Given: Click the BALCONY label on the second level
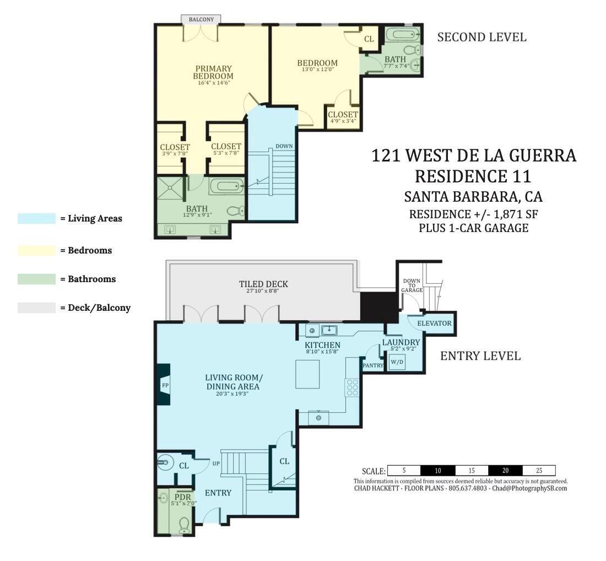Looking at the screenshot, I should [x=201, y=19].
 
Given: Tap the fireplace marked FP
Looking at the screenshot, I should [x=164, y=385].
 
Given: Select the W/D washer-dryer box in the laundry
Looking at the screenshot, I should [x=397, y=362].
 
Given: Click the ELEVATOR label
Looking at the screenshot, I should [x=434, y=323].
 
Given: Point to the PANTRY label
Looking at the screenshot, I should [x=373, y=365].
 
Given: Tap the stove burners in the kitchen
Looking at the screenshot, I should [x=352, y=387].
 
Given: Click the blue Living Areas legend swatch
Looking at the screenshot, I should [x=36, y=218].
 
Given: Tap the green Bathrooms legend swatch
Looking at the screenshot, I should [x=36, y=279].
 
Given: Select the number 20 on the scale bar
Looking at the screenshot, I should [x=505, y=471].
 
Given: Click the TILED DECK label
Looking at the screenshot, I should [x=263, y=284].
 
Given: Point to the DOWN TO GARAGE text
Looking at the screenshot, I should [x=412, y=285].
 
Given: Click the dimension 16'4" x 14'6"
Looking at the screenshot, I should [x=213, y=83].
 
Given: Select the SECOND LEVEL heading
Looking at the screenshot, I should [x=481, y=37].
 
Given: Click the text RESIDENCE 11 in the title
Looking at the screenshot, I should [x=473, y=176].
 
